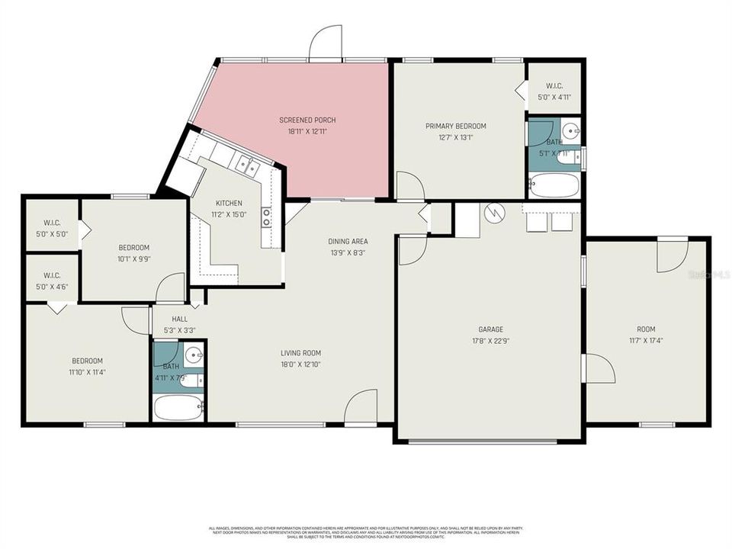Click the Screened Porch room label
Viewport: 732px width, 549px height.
[307, 120]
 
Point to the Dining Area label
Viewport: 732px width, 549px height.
[348, 241]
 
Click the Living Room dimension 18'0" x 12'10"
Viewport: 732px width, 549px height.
[300, 364]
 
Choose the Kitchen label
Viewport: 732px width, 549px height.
[229, 203]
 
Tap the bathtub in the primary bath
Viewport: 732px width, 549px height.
[554, 186]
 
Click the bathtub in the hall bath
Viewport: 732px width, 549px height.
[178, 407]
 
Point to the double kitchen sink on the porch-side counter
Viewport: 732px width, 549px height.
[246, 162]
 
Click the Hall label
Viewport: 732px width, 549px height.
[180, 319]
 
